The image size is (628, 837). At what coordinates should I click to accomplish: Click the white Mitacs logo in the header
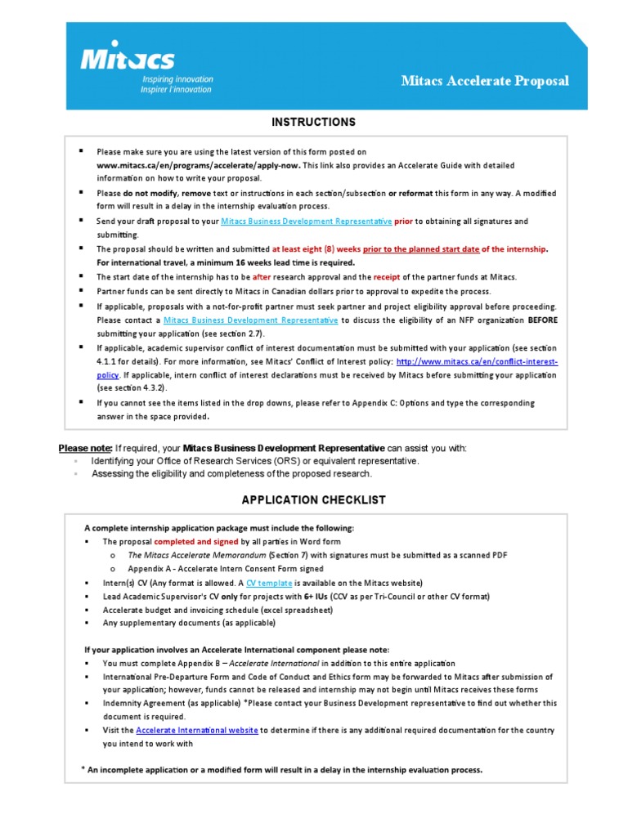[127, 59]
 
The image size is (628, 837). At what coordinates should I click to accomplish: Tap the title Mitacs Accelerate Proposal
[485, 81]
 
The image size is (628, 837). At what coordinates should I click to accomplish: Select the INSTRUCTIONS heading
[314, 123]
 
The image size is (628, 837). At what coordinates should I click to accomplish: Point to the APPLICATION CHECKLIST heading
[314, 500]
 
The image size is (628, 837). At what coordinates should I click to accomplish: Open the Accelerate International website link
[197, 730]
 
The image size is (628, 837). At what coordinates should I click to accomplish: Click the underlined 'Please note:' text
[84, 449]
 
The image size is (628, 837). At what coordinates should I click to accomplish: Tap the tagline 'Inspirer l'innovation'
[177, 90]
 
